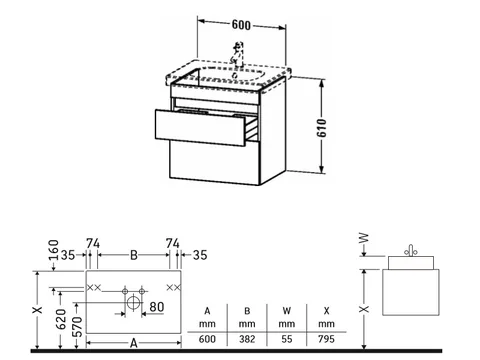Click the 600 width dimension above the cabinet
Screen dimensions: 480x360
tap(241, 25)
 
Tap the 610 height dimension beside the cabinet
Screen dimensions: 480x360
tap(322, 128)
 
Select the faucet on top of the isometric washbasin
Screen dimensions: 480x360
tap(238, 53)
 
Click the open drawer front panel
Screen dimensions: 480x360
tap(200, 128)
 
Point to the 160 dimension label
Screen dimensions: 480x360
tap(54, 250)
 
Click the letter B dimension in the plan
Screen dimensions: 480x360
tap(134, 255)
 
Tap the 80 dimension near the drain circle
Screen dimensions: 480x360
tap(157, 307)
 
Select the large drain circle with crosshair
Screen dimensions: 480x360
tap(133, 303)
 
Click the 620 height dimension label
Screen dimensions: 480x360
tap(61, 319)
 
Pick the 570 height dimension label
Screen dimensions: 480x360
tap(77, 327)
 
